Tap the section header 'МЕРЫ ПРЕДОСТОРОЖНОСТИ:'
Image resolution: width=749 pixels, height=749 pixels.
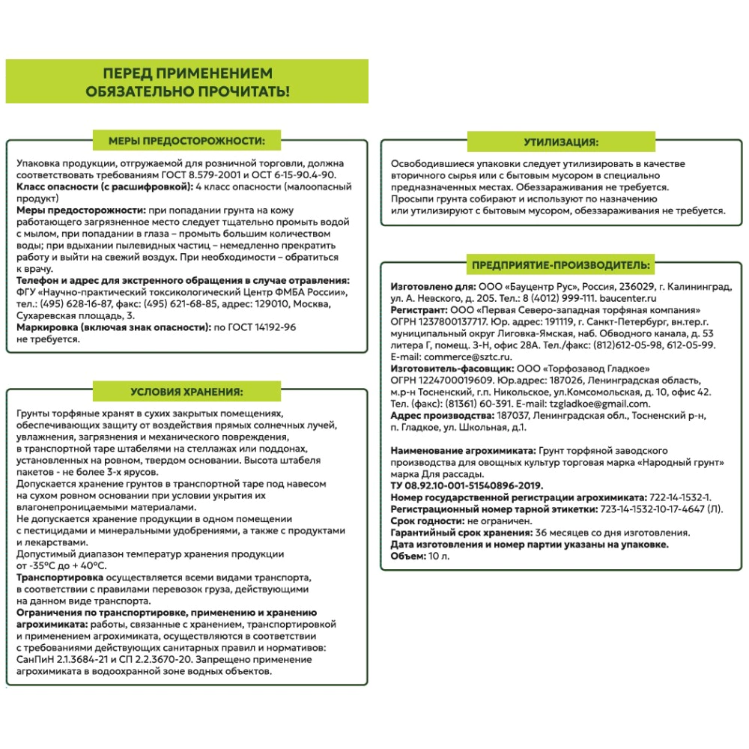click(186, 140)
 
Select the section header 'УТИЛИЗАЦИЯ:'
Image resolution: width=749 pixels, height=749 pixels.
click(561, 141)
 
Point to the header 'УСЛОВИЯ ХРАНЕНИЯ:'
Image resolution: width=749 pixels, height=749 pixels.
click(186, 391)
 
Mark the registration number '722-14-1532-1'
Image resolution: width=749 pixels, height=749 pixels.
click(679, 497)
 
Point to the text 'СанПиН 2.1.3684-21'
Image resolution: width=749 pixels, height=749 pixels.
click(61, 658)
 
